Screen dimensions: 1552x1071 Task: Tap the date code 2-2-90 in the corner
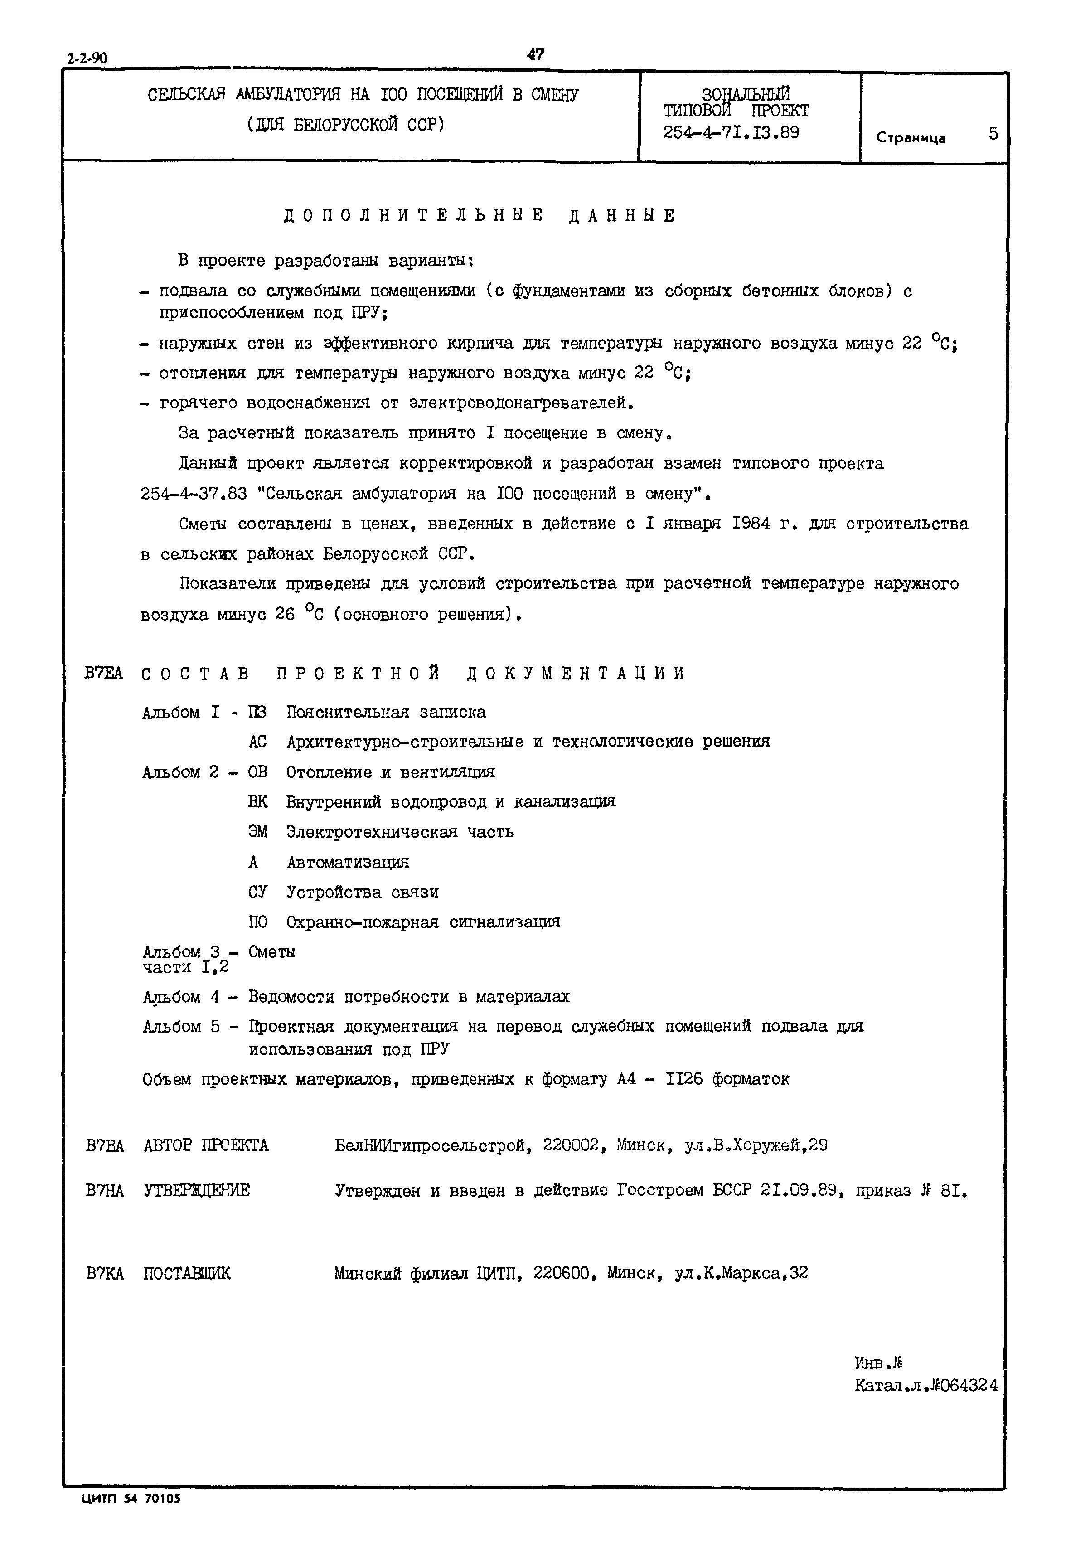[x=87, y=58]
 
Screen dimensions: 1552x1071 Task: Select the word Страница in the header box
[x=910, y=138]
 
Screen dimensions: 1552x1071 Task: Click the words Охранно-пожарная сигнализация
[x=423, y=922]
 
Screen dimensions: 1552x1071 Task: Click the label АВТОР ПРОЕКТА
[x=206, y=1145]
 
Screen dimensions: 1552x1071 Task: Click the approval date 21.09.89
[x=799, y=1190]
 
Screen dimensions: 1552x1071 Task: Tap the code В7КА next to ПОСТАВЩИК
[x=105, y=1273]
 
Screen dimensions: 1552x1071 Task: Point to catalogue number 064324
[x=965, y=1385]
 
